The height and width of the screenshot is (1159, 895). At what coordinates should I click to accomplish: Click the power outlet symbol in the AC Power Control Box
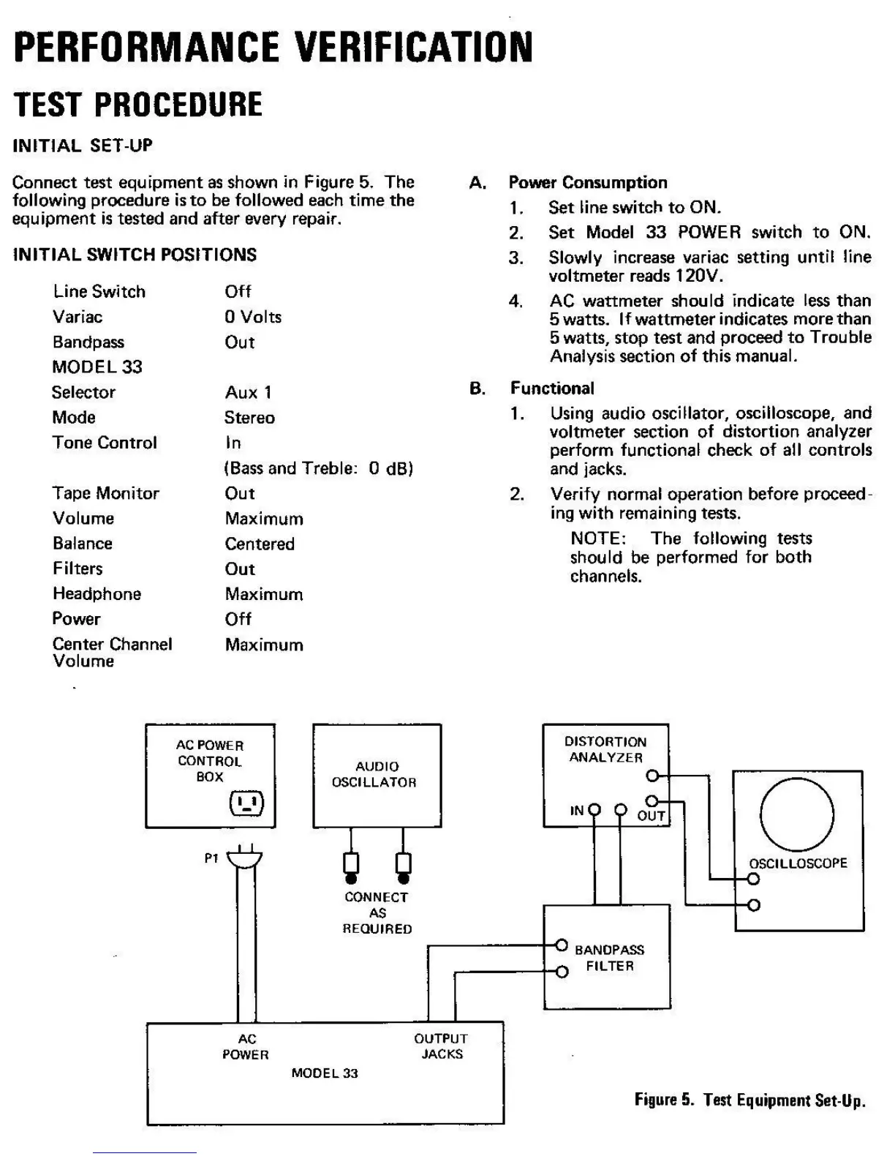pos(246,803)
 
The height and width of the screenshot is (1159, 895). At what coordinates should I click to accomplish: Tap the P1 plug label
pos(211,858)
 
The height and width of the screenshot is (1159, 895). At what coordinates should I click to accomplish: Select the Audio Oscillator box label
pos(376,774)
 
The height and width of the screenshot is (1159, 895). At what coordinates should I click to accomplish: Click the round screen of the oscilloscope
pos(797,814)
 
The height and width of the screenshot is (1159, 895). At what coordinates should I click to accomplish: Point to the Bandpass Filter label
pos(610,958)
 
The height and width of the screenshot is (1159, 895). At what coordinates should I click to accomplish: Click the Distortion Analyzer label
pos(605,750)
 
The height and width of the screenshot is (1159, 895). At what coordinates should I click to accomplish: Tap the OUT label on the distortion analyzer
pos(651,816)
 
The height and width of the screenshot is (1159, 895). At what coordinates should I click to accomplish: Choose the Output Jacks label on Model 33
pos(441,1046)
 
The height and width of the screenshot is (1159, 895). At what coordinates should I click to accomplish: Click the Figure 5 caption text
pos(749,1100)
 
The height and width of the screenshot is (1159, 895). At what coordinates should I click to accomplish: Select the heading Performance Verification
pos(273,47)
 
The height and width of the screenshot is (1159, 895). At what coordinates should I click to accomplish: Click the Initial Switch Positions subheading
pos(135,255)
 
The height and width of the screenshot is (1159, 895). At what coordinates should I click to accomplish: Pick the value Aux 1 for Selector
pos(248,393)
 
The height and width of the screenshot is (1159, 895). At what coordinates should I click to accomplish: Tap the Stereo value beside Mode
pos(249,418)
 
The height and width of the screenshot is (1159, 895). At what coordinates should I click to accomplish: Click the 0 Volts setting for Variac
pos(253,317)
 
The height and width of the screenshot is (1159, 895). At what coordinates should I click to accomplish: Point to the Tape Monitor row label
pos(106,493)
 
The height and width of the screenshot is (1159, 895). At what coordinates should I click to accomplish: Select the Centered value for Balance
pos(260,544)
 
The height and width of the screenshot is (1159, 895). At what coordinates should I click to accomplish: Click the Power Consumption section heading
pos(588,182)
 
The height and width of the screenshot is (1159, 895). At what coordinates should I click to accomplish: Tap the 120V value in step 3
pos(698,276)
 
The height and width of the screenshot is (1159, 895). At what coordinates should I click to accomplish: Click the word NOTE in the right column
pos(597,539)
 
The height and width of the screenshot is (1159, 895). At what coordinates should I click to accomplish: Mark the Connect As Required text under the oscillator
pos(377,912)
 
